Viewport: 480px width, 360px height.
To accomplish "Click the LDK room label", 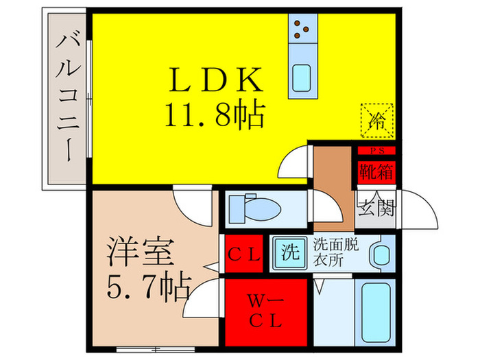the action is tap(216, 80).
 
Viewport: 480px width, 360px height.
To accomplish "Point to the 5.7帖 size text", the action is tap(149, 285).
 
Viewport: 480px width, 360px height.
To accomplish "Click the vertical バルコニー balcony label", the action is tap(68, 98).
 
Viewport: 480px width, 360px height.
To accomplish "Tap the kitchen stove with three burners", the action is tap(302, 29).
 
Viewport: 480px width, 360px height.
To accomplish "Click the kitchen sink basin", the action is tap(302, 78).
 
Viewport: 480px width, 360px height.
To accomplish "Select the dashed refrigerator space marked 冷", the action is tap(377, 121).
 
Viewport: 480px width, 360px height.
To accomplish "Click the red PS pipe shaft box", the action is tap(377, 151).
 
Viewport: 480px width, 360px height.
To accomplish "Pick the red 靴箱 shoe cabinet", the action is tap(377, 172).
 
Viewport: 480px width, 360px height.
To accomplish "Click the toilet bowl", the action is tap(263, 209).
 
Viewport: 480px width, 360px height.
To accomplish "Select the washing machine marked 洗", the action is tap(290, 252).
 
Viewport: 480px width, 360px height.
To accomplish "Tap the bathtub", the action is tap(376, 313).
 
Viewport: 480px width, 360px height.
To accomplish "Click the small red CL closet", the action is tap(244, 254).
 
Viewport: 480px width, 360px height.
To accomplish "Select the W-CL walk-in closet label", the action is tap(265, 311).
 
